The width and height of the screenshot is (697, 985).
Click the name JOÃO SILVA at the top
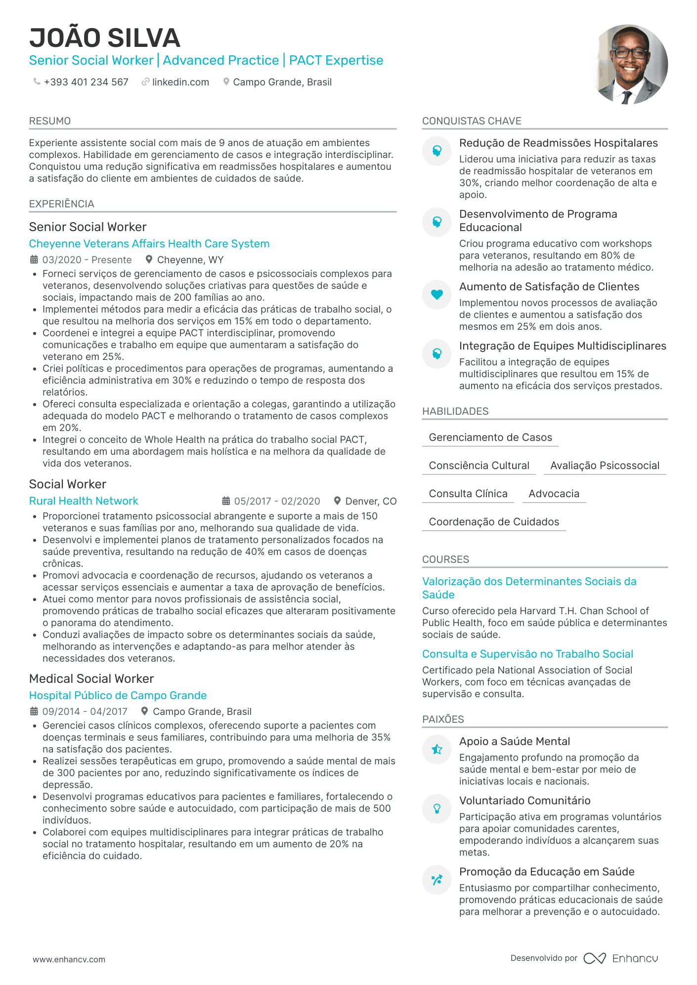(105, 38)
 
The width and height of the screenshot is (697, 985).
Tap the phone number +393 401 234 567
(86, 82)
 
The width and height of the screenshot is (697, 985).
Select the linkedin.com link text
(180, 82)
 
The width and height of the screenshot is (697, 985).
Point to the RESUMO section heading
(50, 121)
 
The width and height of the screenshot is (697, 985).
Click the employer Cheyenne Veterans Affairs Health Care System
(149, 243)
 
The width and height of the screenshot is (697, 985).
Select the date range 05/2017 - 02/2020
(277, 501)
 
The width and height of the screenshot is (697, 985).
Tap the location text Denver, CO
(371, 501)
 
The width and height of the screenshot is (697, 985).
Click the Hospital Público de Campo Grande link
(118, 695)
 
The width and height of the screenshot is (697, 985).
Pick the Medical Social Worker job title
(91, 678)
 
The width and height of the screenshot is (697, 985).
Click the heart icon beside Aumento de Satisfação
(437, 295)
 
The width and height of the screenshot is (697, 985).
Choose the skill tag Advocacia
(554, 494)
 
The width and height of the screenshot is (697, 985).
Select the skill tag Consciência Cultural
(479, 466)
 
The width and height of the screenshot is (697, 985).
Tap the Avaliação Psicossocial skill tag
(605, 466)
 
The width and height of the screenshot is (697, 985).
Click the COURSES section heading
(445, 559)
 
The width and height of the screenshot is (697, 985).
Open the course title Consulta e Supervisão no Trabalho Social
(527, 654)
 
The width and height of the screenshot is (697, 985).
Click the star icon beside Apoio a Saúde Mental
(437, 749)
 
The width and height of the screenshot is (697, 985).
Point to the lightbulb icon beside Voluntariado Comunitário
(437, 809)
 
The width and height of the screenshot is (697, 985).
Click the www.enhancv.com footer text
(69, 959)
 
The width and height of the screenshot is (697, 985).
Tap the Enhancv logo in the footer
(621, 958)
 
